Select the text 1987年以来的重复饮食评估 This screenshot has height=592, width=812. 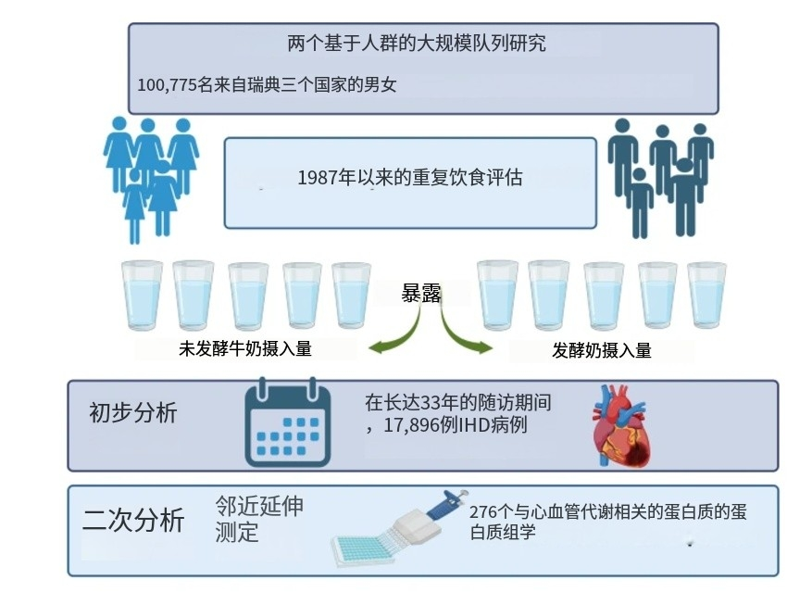point(410,177)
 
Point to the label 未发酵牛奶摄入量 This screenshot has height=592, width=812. point(244,350)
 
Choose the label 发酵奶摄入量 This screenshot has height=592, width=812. point(602,350)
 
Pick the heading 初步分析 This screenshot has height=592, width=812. point(132,412)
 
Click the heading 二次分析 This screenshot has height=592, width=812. point(133,521)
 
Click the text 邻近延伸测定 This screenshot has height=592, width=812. point(258,519)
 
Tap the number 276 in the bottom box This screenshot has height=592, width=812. point(485,512)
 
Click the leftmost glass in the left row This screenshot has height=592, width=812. point(143,295)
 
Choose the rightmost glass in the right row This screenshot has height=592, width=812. point(706,295)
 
